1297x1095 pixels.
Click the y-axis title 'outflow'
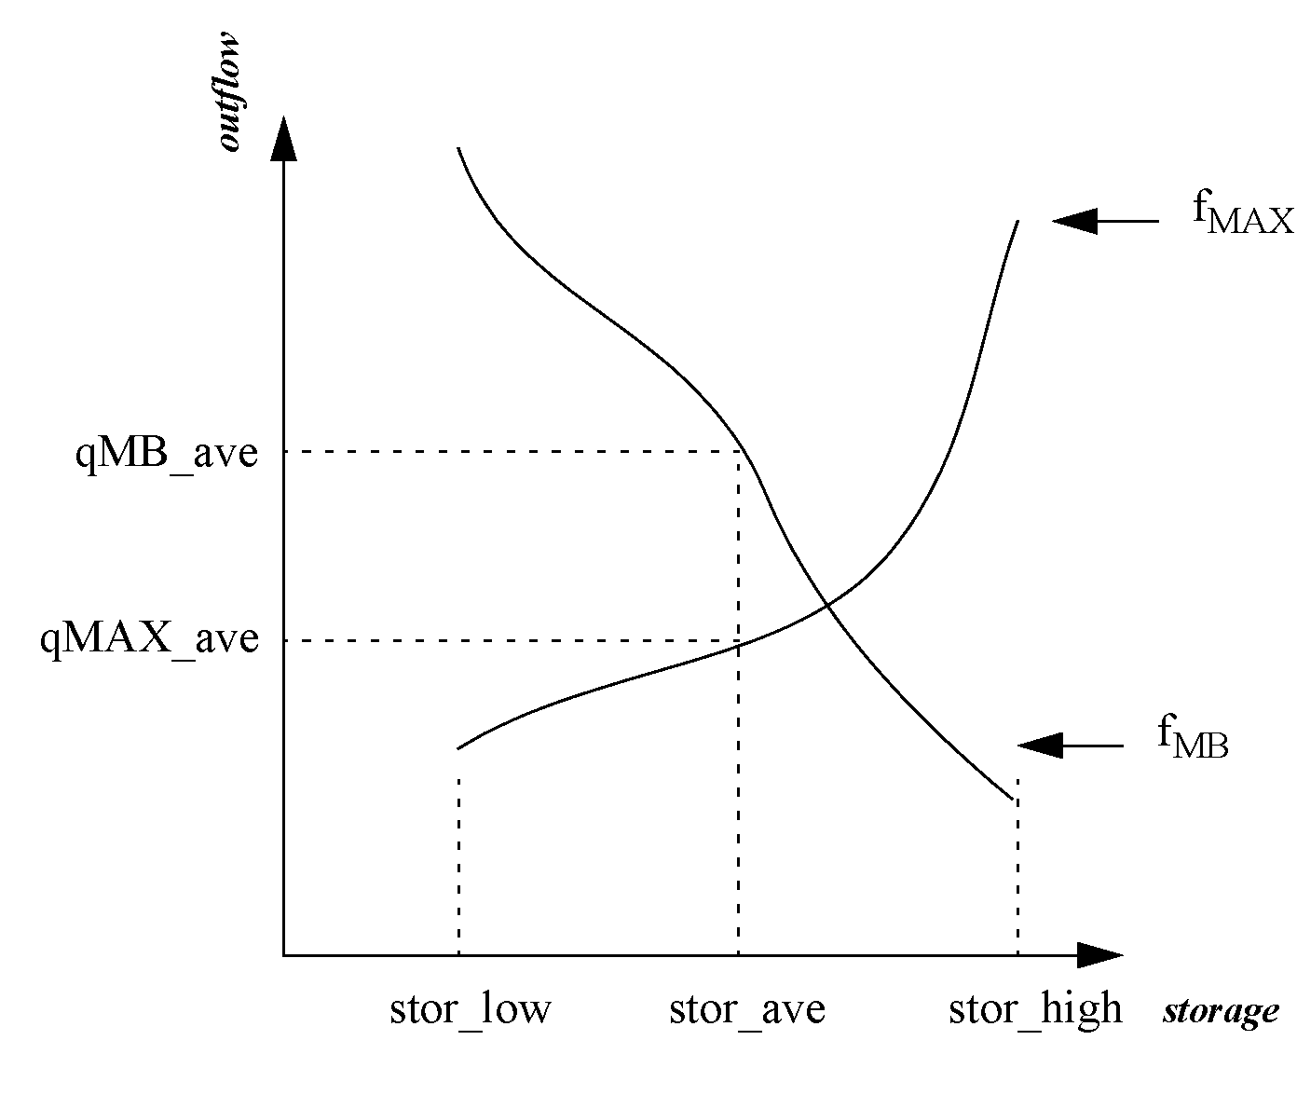point(229,91)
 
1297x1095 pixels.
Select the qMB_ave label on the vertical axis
point(167,456)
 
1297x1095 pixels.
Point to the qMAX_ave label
point(149,641)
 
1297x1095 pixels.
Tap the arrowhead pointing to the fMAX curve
point(1074,221)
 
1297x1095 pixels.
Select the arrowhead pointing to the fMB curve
point(1040,746)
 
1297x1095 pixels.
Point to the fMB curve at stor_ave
point(738,452)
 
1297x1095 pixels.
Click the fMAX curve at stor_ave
point(738,643)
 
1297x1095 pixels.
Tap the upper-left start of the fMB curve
point(458,149)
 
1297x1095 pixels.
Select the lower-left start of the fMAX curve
point(458,748)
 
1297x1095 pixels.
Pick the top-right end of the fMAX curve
point(1017,222)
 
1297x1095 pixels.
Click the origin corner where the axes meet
point(283,955)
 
